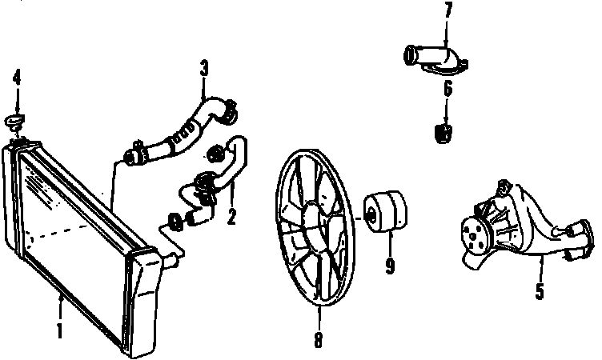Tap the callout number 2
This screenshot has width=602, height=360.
click(231, 215)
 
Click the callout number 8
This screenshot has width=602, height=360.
click(318, 340)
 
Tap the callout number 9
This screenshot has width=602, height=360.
click(390, 264)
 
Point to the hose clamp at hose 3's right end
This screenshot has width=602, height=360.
click(226, 105)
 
